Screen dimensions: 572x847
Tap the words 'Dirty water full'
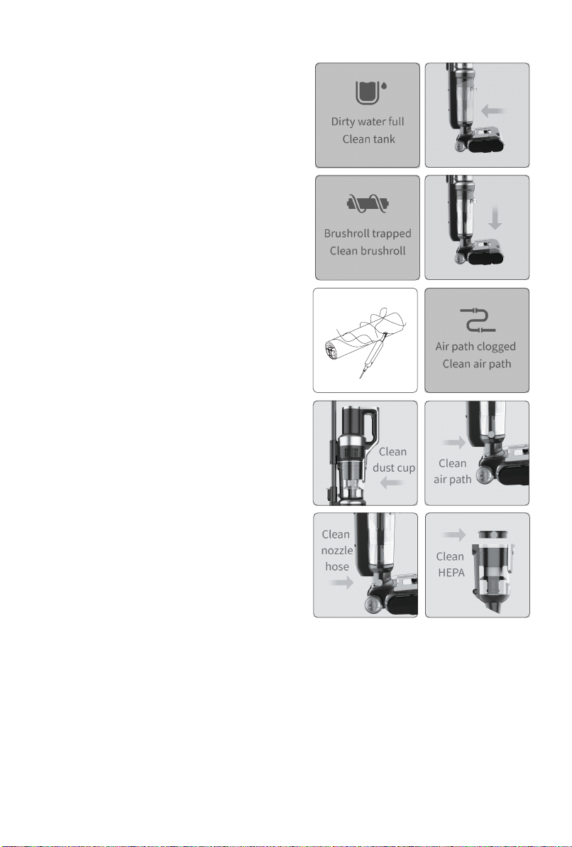368,122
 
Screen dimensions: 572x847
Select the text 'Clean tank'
368,139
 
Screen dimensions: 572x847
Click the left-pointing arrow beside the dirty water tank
493,112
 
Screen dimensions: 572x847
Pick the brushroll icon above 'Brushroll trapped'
368,204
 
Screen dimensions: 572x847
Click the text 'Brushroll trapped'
368,234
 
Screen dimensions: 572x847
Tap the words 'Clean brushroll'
368,251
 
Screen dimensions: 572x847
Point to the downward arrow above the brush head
495,218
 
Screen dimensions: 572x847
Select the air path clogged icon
478,320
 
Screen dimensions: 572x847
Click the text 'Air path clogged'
475,346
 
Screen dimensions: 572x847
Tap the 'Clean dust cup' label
394,460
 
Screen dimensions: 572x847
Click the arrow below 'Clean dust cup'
392,482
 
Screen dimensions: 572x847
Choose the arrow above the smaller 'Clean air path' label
453,443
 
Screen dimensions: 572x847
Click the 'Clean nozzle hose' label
336,551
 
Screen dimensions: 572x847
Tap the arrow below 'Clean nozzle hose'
341,583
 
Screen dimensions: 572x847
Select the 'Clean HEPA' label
450,564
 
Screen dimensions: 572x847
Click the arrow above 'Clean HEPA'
453,535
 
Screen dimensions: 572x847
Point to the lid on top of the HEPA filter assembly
494,534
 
